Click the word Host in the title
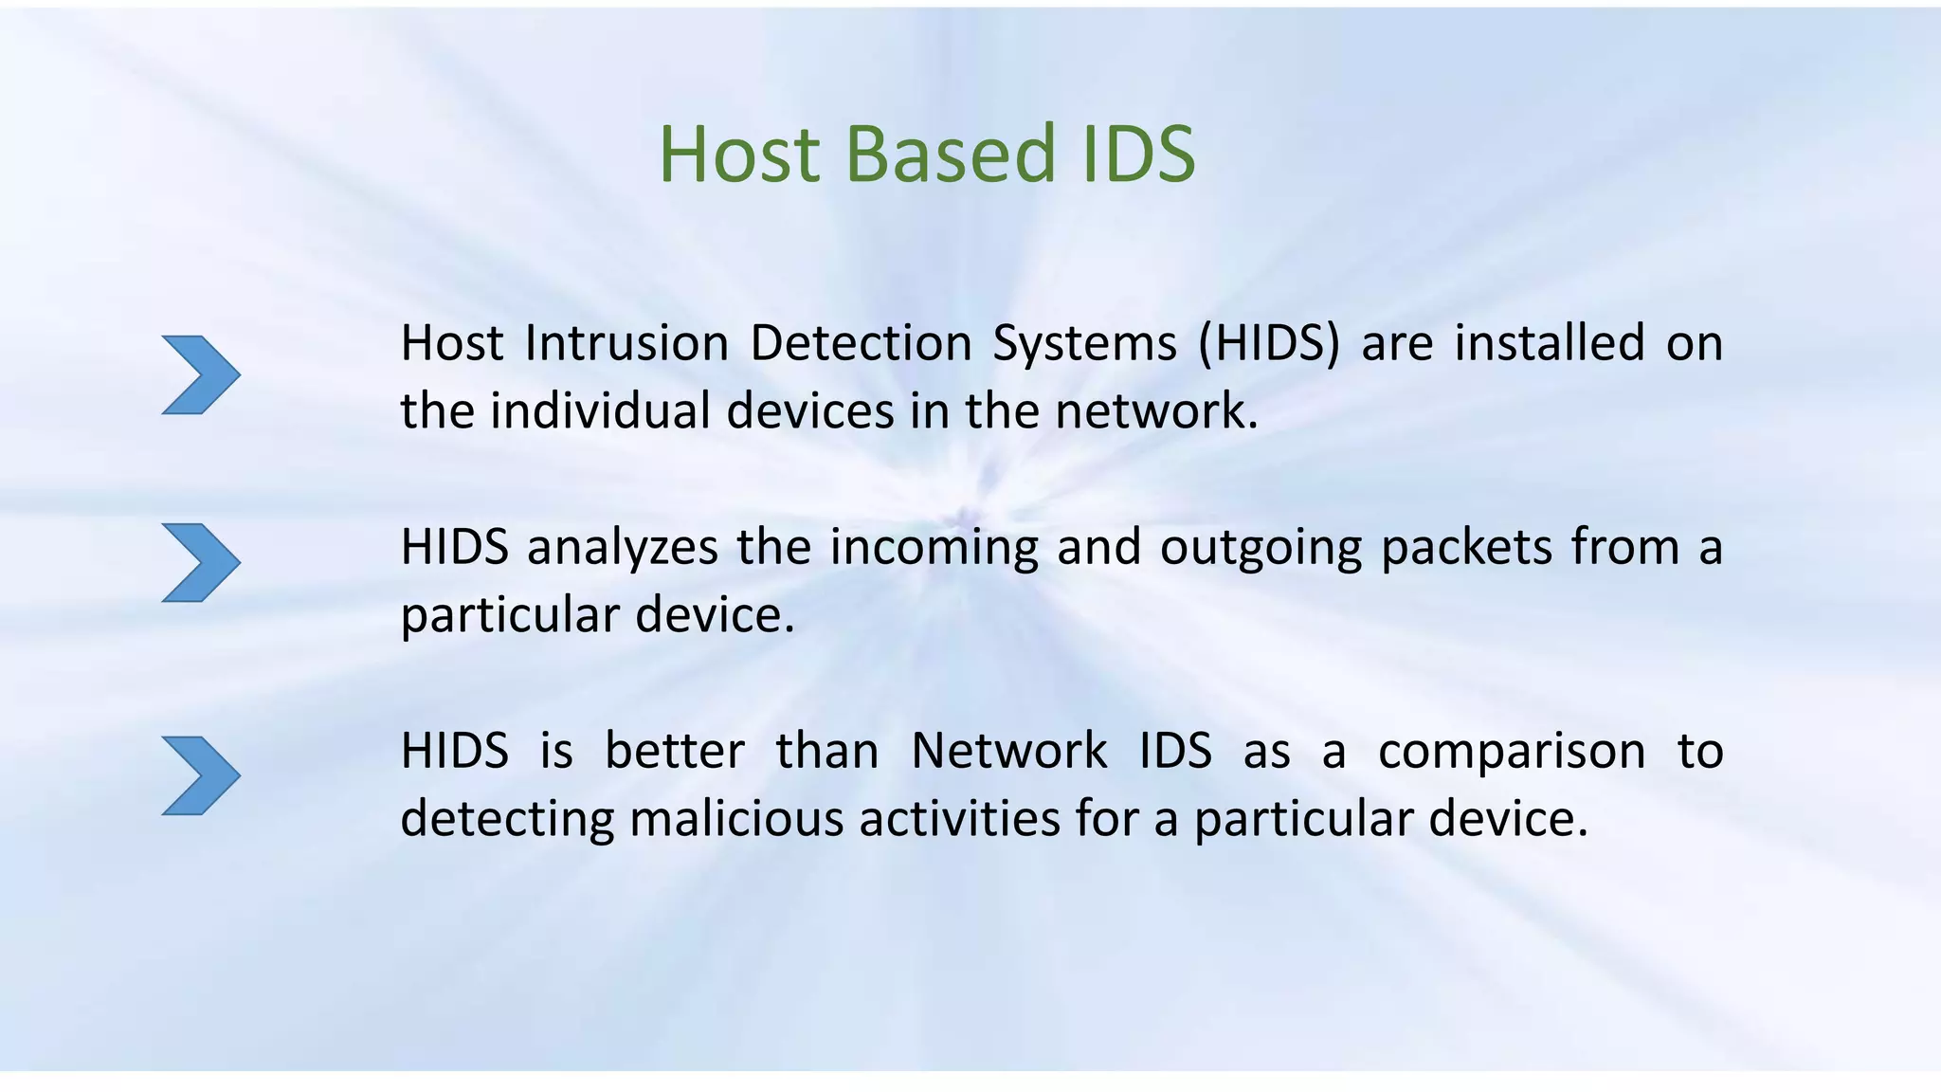click(739, 154)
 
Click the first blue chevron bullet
click(200, 374)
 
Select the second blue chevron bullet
click(200, 562)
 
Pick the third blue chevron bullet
click(200, 775)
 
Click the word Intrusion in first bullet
click(626, 343)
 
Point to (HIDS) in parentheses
click(1269, 343)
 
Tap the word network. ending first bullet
click(1156, 411)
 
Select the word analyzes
click(622, 548)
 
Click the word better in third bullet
click(674, 751)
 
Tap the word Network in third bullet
click(1008, 751)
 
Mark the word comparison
click(1512, 753)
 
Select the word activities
click(959, 819)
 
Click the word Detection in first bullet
click(861, 343)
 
